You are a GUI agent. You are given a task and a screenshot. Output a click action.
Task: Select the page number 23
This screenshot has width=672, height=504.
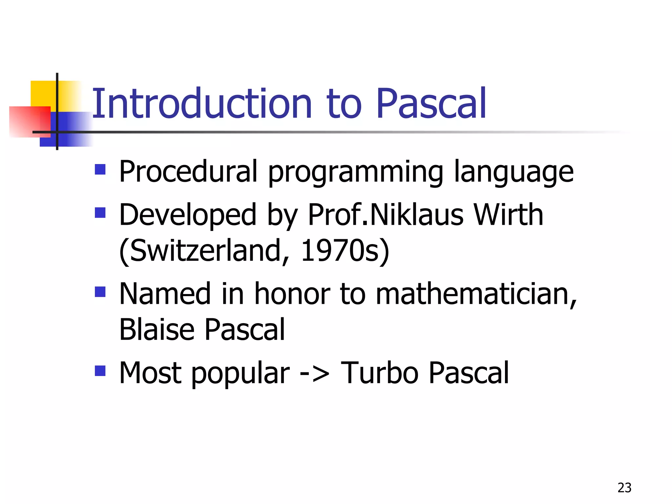click(x=624, y=488)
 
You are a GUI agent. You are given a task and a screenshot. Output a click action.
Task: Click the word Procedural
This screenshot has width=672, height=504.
click(x=188, y=171)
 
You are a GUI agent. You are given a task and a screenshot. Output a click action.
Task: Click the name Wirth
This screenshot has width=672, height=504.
click(x=508, y=215)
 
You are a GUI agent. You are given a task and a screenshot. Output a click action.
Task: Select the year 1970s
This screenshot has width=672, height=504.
click(x=345, y=251)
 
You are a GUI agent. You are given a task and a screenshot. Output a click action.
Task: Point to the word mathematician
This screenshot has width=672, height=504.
click(x=476, y=294)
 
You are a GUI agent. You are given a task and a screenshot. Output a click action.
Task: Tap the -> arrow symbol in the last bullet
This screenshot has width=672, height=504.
click(x=315, y=373)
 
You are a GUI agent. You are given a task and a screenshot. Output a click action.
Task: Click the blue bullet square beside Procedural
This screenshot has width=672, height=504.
click(x=100, y=169)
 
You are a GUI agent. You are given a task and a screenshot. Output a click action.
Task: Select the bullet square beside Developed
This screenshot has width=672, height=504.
click(x=100, y=213)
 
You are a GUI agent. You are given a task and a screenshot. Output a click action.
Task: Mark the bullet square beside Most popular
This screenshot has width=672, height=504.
click(x=100, y=371)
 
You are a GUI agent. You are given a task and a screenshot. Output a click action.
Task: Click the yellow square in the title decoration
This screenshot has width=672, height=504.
click(x=43, y=93)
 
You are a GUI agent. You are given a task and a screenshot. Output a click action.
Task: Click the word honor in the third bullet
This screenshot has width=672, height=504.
click(x=292, y=294)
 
